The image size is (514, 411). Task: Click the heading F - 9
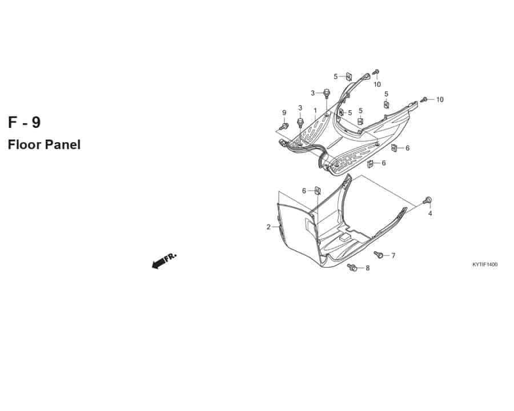(x=24, y=122)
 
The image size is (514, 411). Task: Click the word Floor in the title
(x=24, y=144)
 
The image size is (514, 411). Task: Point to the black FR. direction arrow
(x=164, y=260)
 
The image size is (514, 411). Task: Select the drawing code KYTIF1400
(x=485, y=264)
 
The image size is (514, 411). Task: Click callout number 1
(x=315, y=110)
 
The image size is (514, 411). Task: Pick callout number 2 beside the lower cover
(x=268, y=227)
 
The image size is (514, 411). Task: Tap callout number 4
(x=430, y=213)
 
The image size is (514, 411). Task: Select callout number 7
(x=393, y=256)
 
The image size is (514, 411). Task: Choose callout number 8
(x=367, y=268)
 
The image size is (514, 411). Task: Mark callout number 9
(x=284, y=113)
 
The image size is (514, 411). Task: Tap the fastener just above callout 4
(x=427, y=200)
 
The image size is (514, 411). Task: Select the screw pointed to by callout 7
(x=379, y=254)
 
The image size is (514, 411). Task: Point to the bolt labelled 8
(x=352, y=267)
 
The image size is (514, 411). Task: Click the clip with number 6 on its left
(x=318, y=191)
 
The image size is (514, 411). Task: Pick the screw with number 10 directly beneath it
(x=376, y=72)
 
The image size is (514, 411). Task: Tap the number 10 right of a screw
(x=440, y=100)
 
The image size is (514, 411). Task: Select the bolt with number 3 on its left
(x=327, y=92)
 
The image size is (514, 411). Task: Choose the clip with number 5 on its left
(x=349, y=77)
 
